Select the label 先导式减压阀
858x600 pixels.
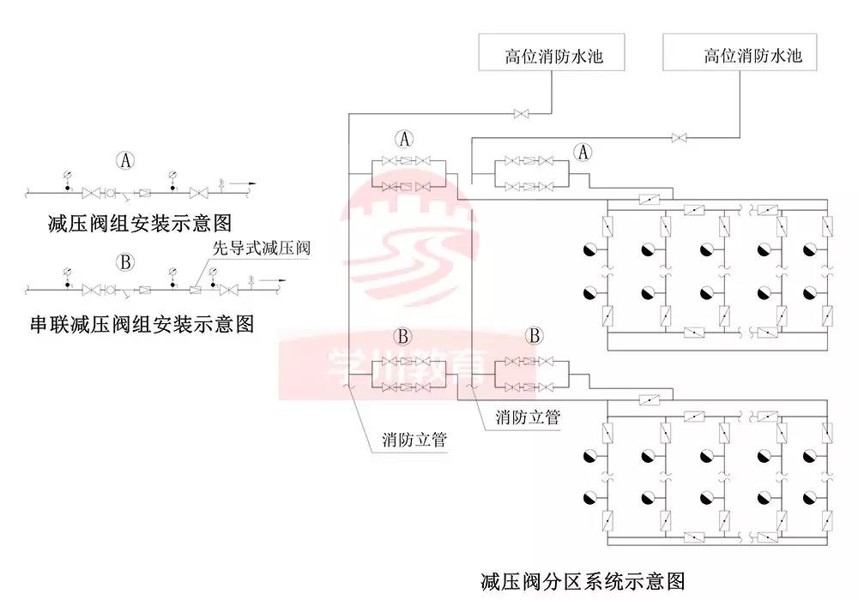[x=261, y=249]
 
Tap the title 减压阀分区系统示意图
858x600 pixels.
[x=583, y=580]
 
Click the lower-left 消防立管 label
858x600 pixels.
[x=415, y=441]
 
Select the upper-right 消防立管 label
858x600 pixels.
[x=528, y=417]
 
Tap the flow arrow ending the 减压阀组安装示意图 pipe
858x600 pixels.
[x=249, y=183]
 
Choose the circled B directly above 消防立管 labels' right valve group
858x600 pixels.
[x=533, y=334]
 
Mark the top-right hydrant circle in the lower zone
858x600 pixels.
[x=808, y=453]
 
